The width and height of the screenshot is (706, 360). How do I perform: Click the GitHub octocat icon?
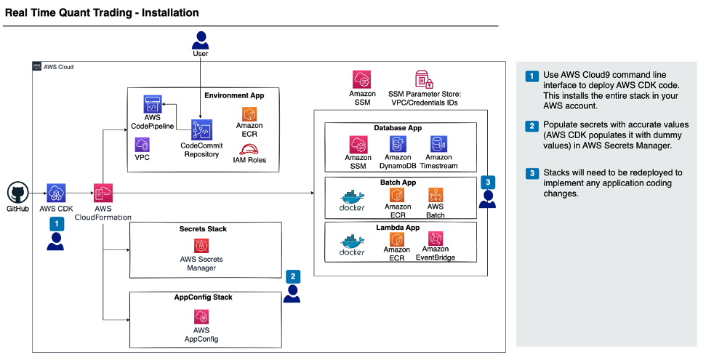(17, 193)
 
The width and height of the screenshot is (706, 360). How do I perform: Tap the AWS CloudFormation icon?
(103, 193)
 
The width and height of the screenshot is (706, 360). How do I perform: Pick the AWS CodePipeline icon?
(152, 104)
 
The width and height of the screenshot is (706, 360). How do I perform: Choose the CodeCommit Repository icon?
(200, 129)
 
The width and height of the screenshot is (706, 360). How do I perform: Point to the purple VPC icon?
(143, 144)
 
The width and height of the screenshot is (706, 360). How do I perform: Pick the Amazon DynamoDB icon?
(398, 143)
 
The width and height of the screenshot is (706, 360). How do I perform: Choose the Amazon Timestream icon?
(438, 143)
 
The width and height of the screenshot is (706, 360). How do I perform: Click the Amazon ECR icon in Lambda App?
(397, 239)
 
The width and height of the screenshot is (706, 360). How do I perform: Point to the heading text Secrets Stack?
(203, 229)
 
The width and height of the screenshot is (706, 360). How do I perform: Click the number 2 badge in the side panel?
(532, 126)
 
